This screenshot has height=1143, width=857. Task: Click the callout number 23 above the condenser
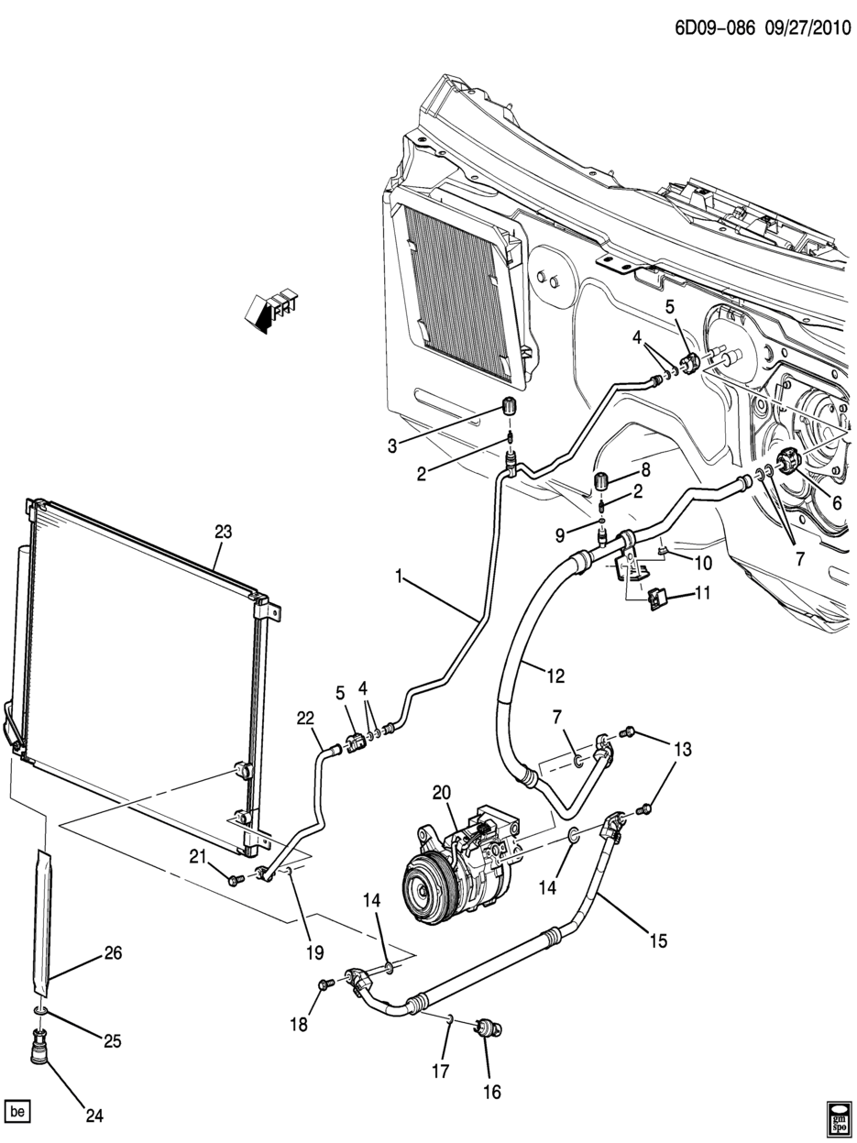223,532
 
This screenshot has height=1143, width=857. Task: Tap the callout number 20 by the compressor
443,793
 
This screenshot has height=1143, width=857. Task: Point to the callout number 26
113,953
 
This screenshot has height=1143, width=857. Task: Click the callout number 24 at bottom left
93,1116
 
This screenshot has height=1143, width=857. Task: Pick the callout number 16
491,1092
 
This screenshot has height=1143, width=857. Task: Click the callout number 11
701,593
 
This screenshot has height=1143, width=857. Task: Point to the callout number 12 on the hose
555,676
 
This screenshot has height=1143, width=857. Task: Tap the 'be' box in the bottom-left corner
17,1112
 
